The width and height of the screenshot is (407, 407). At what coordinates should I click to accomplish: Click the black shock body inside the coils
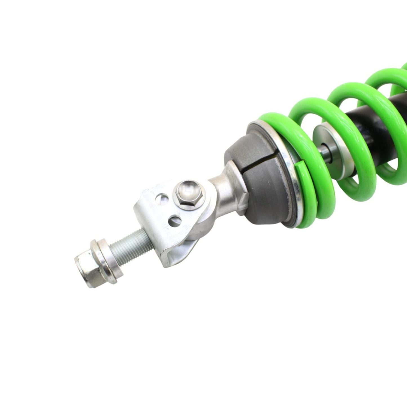pos(361,113)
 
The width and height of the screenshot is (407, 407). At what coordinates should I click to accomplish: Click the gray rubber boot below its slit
pos(262,192)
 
